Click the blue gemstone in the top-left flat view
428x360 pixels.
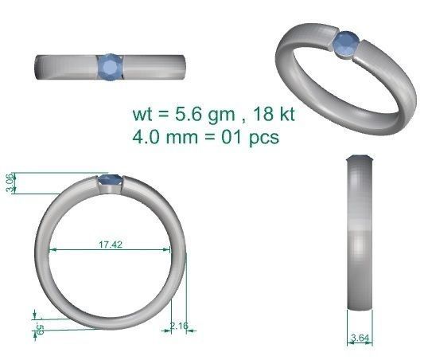(111, 66)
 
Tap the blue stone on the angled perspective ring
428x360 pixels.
(345, 45)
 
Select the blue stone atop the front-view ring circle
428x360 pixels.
(110, 182)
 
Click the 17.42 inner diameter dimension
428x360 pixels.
(110, 245)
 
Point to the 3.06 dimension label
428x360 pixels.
(10, 182)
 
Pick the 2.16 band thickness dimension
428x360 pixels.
(178, 326)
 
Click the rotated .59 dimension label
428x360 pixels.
(38, 328)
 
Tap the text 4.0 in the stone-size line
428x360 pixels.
(147, 136)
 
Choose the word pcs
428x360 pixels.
(263, 136)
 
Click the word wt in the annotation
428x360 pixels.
(143, 115)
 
